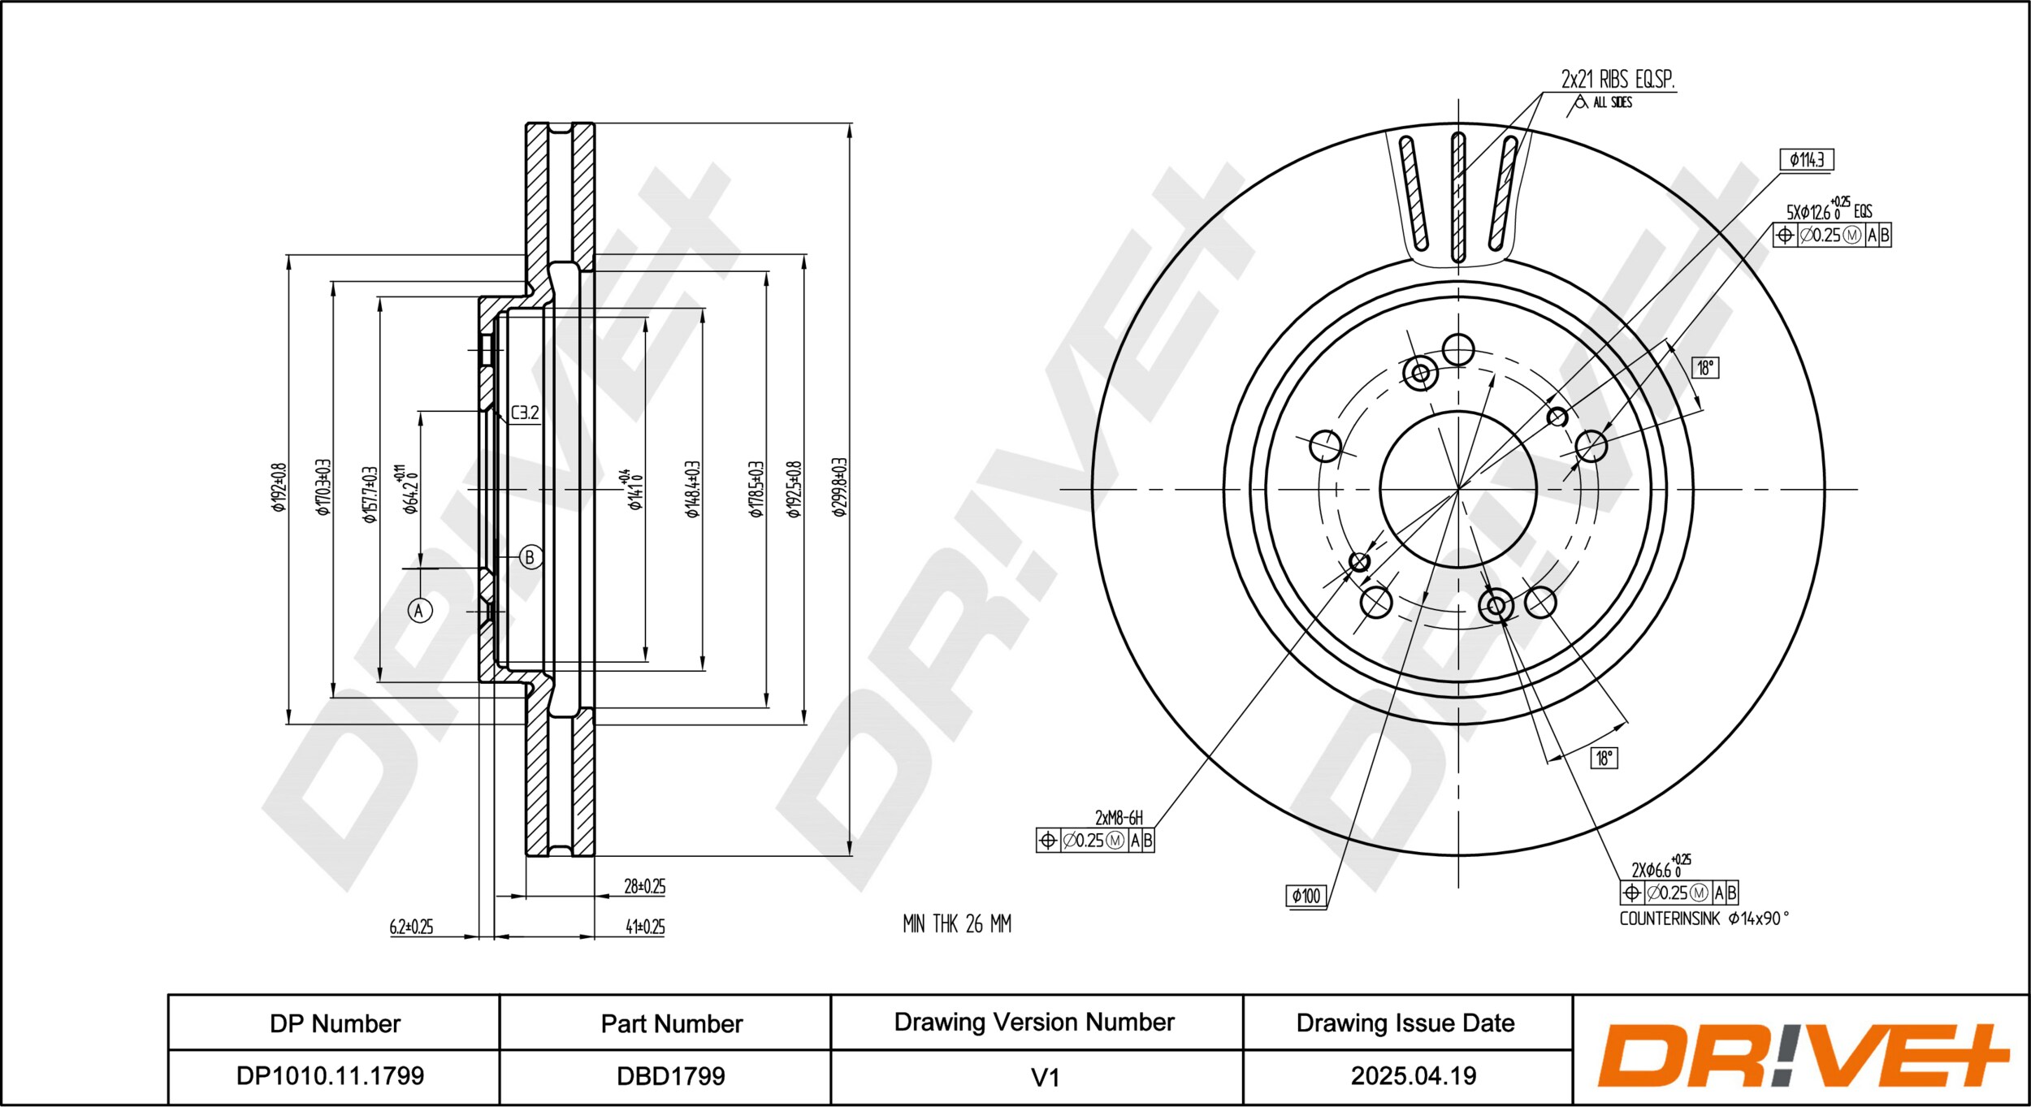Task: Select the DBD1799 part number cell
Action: click(x=671, y=1075)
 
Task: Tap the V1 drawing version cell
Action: click(x=1045, y=1077)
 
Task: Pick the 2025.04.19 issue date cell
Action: click(x=1414, y=1075)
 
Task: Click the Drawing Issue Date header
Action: click(x=1405, y=1023)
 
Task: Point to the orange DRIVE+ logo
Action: click(x=1803, y=1056)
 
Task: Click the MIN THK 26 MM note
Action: click(x=957, y=923)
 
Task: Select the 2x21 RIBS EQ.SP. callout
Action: click(x=1617, y=80)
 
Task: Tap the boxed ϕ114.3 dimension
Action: click(x=1807, y=159)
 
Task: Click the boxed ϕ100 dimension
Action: click(x=1306, y=896)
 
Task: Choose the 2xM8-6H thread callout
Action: click(x=1119, y=818)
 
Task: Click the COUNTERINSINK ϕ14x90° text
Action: click(x=1704, y=919)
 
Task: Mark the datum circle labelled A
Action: click(x=419, y=610)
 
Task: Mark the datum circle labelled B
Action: click(x=530, y=557)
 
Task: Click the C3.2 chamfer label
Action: click(x=525, y=413)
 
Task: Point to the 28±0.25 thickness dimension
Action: click(x=644, y=886)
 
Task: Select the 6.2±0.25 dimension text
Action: click(x=411, y=927)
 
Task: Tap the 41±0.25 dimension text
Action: click(x=645, y=927)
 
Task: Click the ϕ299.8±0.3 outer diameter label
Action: click(x=839, y=487)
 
